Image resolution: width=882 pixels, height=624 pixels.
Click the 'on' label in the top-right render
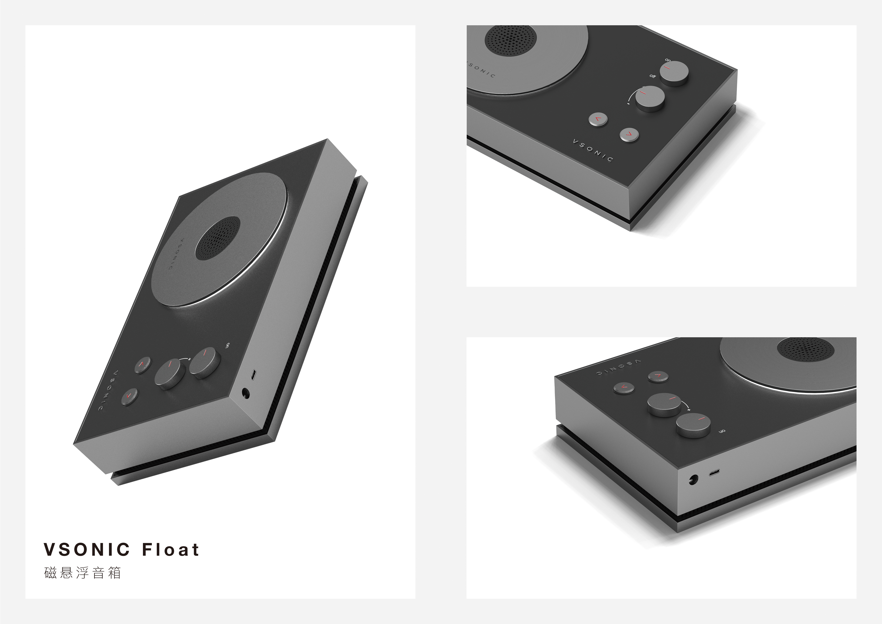click(x=668, y=60)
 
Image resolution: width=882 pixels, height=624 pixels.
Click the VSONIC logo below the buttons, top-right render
click(x=593, y=150)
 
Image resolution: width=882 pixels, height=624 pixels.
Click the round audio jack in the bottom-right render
click(x=693, y=480)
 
